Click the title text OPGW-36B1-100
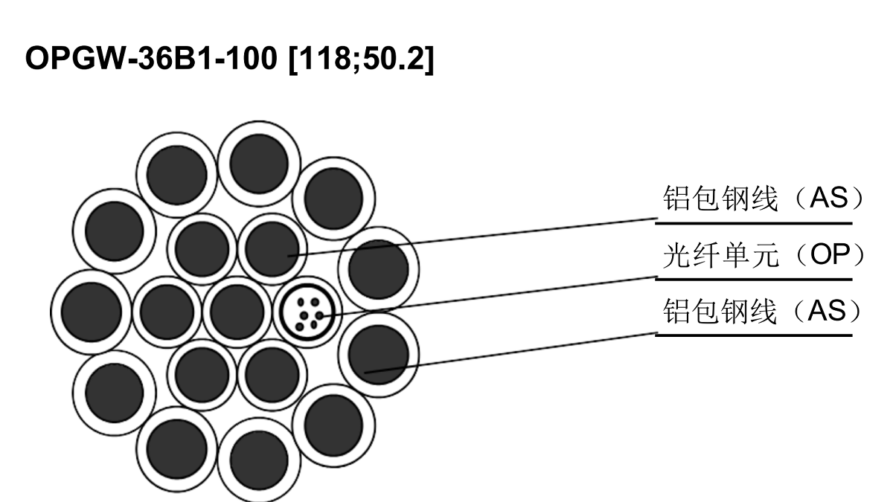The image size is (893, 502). pyautogui.click(x=151, y=58)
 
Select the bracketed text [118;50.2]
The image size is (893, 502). pyautogui.click(x=361, y=59)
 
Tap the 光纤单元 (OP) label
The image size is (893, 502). pyautogui.click(x=764, y=255)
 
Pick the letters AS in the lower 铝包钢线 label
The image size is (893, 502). pyautogui.click(x=828, y=311)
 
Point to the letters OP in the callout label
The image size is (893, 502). pyautogui.click(x=830, y=254)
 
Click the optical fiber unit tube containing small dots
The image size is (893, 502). pyautogui.click(x=308, y=312)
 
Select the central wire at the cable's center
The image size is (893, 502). pyautogui.click(x=237, y=312)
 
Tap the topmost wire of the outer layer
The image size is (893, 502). pyautogui.click(x=259, y=164)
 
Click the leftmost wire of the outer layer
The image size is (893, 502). pyautogui.click(x=92, y=312)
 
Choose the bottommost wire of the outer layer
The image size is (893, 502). pyautogui.click(x=259, y=460)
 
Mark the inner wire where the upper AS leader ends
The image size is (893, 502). pyautogui.click(x=272, y=249)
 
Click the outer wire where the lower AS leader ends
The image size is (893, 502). pyautogui.click(x=379, y=355)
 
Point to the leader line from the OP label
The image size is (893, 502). pyautogui.click(x=489, y=296)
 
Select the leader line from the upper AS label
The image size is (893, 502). pyautogui.click(x=473, y=237)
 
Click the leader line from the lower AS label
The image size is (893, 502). pyautogui.click(x=510, y=353)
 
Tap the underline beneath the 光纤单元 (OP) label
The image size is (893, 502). pyautogui.click(x=754, y=280)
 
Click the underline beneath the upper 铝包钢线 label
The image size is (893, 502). pyautogui.click(x=754, y=224)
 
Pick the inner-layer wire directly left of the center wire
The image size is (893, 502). pyautogui.click(x=167, y=312)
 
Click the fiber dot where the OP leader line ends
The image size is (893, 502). pyautogui.click(x=320, y=315)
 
